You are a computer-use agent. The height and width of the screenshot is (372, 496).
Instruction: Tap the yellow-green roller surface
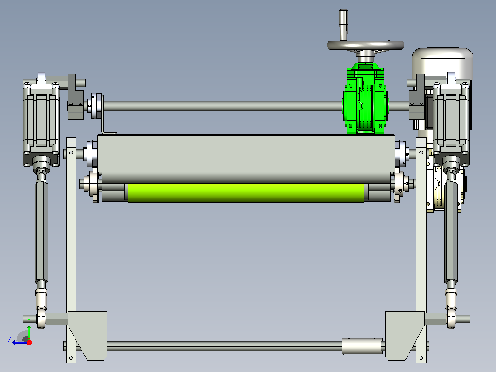pos(246,192)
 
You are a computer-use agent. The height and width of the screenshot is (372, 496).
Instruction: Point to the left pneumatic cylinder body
pos(41,120)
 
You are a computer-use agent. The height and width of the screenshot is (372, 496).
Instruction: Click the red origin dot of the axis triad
pos(29,343)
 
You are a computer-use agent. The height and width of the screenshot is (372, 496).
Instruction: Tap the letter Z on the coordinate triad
pos(9,340)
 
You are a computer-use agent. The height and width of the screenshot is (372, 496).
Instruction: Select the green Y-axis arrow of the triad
pos(29,332)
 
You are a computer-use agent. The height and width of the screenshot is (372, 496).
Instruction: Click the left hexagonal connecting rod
pos(41,231)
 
